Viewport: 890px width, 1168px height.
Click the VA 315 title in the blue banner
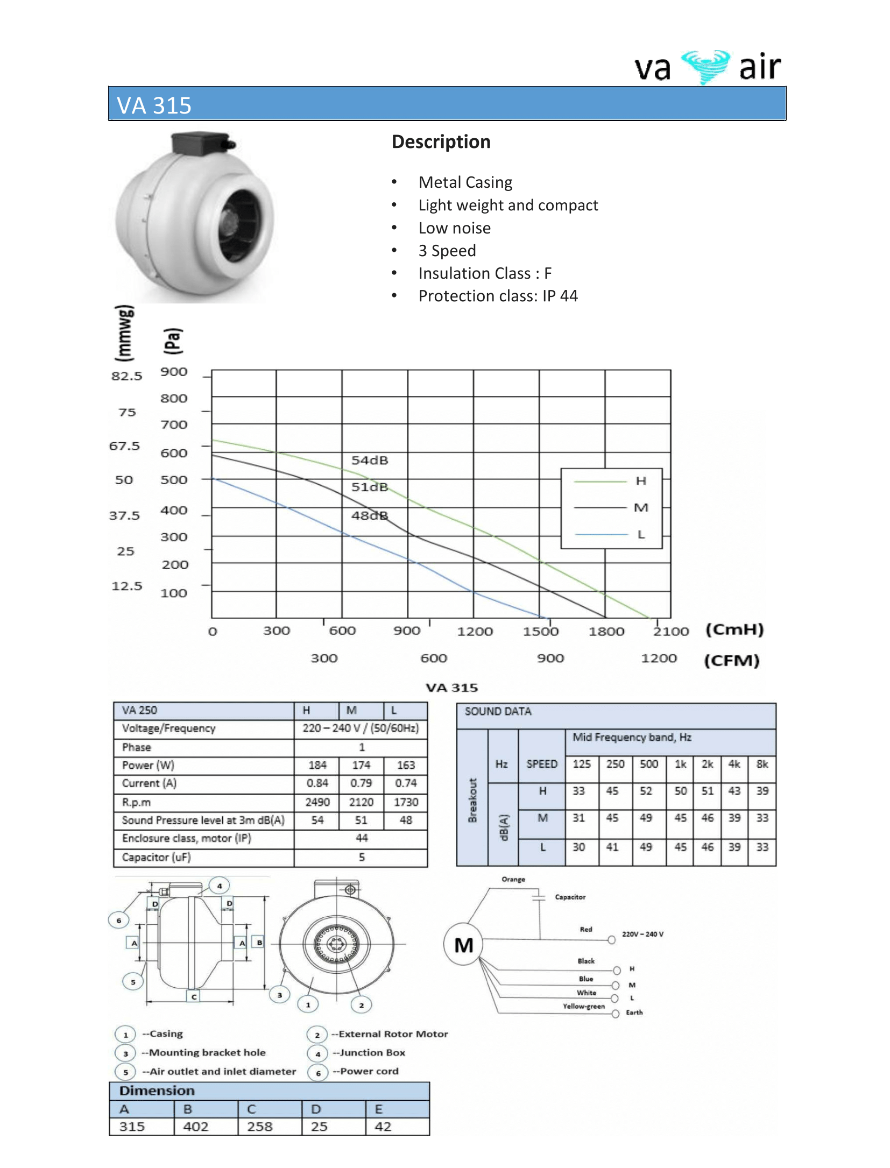[x=154, y=105]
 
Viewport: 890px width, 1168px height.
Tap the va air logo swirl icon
[x=705, y=67]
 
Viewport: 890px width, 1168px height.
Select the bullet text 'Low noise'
[x=454, y=228]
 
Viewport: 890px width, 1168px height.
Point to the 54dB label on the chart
[x=370, y=461]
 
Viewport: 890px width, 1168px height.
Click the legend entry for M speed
[x=640, y=508]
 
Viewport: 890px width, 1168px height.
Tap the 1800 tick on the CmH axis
[x=606, y=632]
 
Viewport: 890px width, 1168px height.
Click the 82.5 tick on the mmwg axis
[x=127, y=376]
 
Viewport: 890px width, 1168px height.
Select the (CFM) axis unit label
[x=732, y=660]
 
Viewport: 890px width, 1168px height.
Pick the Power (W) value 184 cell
[x=317, y=765]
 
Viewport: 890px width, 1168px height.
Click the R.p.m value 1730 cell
[x=406, y=802]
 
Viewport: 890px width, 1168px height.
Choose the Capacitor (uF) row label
[x=156, y=857]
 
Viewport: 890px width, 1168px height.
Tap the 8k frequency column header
[x=762, y=764]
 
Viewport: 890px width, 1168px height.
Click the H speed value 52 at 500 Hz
[x=646, y=791]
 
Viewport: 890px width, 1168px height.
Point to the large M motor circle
[x=463, y=945]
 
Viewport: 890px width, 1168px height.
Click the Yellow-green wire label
[x=584, y=1006]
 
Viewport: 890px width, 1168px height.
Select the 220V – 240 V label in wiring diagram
[x=642, y=934]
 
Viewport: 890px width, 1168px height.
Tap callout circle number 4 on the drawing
[x=220, y=886]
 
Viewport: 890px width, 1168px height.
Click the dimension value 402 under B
[x=195, y=1127]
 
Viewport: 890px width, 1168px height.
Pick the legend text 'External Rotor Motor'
[x=393, y=1034]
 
